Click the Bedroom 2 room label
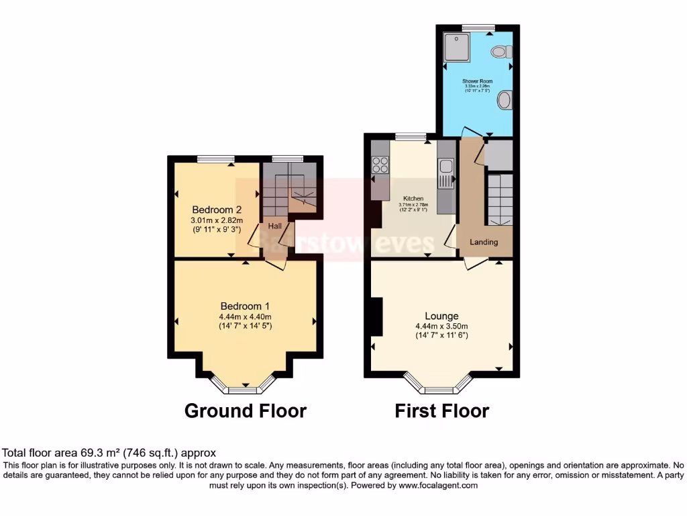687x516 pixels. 217,209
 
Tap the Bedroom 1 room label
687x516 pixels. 244,306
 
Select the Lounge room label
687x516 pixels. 441,316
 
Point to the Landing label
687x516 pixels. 484,242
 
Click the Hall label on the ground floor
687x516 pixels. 275,226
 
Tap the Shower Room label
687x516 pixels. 477,81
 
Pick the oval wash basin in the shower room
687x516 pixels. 505,101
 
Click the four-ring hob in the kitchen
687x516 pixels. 380,165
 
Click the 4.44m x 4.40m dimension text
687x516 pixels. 244,317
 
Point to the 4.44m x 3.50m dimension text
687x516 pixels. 441,326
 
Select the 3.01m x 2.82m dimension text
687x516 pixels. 217,220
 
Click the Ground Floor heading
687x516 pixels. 245,411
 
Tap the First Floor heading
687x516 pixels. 441,411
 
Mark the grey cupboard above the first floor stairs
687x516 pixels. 498,155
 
